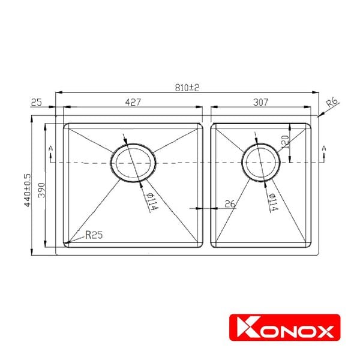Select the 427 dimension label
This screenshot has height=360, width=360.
[133, 102]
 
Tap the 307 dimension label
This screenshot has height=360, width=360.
[260, 102]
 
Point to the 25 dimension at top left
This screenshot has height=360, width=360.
[36, 102]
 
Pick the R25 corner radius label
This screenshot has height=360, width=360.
[94, 235]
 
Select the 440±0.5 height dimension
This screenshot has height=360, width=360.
[26, 190]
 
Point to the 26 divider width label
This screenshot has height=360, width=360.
[229, 203]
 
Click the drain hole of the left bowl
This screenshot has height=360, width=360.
[134, 163]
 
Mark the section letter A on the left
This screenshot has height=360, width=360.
[51, 148]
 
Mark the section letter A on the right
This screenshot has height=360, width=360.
[324, 148]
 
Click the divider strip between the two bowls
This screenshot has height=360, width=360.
[207, 186]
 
